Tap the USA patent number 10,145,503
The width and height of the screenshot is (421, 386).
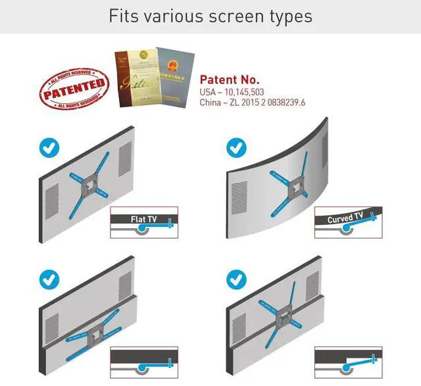[232, 93]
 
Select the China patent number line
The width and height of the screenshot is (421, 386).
[253, 103]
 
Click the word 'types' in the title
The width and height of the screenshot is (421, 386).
[288, 17]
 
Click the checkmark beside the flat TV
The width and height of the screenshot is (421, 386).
[49, 148]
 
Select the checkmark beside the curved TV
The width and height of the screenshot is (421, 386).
[237, 147]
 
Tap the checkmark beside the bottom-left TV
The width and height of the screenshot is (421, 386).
[49, 279]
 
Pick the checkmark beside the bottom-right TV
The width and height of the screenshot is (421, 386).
[237, 280]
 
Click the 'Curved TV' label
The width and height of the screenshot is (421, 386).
[345, 217]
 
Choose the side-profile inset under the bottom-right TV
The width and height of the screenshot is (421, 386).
[348, 361]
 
